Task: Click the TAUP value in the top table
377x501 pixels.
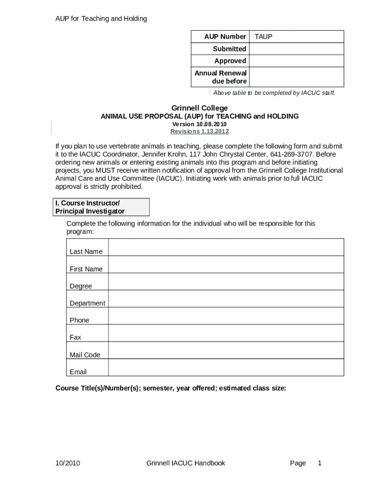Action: [x=263, y=37]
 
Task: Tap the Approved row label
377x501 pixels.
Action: [x=230, y=61]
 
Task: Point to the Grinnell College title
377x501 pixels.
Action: [x=199, y=108]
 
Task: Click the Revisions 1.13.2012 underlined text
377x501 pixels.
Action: [x=199, y=132]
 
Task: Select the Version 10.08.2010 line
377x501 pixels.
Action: [x=199, y=124]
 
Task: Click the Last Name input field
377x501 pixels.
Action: [x=226, y=247]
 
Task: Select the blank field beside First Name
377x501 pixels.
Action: [x=226, y=265]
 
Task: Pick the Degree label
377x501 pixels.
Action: [x=81, y=286]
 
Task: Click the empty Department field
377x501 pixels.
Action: [x=226, y=299]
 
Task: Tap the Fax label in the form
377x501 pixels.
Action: [x=75, y=338]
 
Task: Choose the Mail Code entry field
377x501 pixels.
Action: [x=226, y=350]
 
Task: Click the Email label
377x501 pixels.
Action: [x=78, y=372]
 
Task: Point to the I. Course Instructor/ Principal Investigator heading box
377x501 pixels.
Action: [x=102, y=207]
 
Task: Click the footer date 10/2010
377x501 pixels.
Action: [x=68, y=463]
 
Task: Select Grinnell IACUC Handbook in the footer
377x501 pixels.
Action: [x=186, y=463]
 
